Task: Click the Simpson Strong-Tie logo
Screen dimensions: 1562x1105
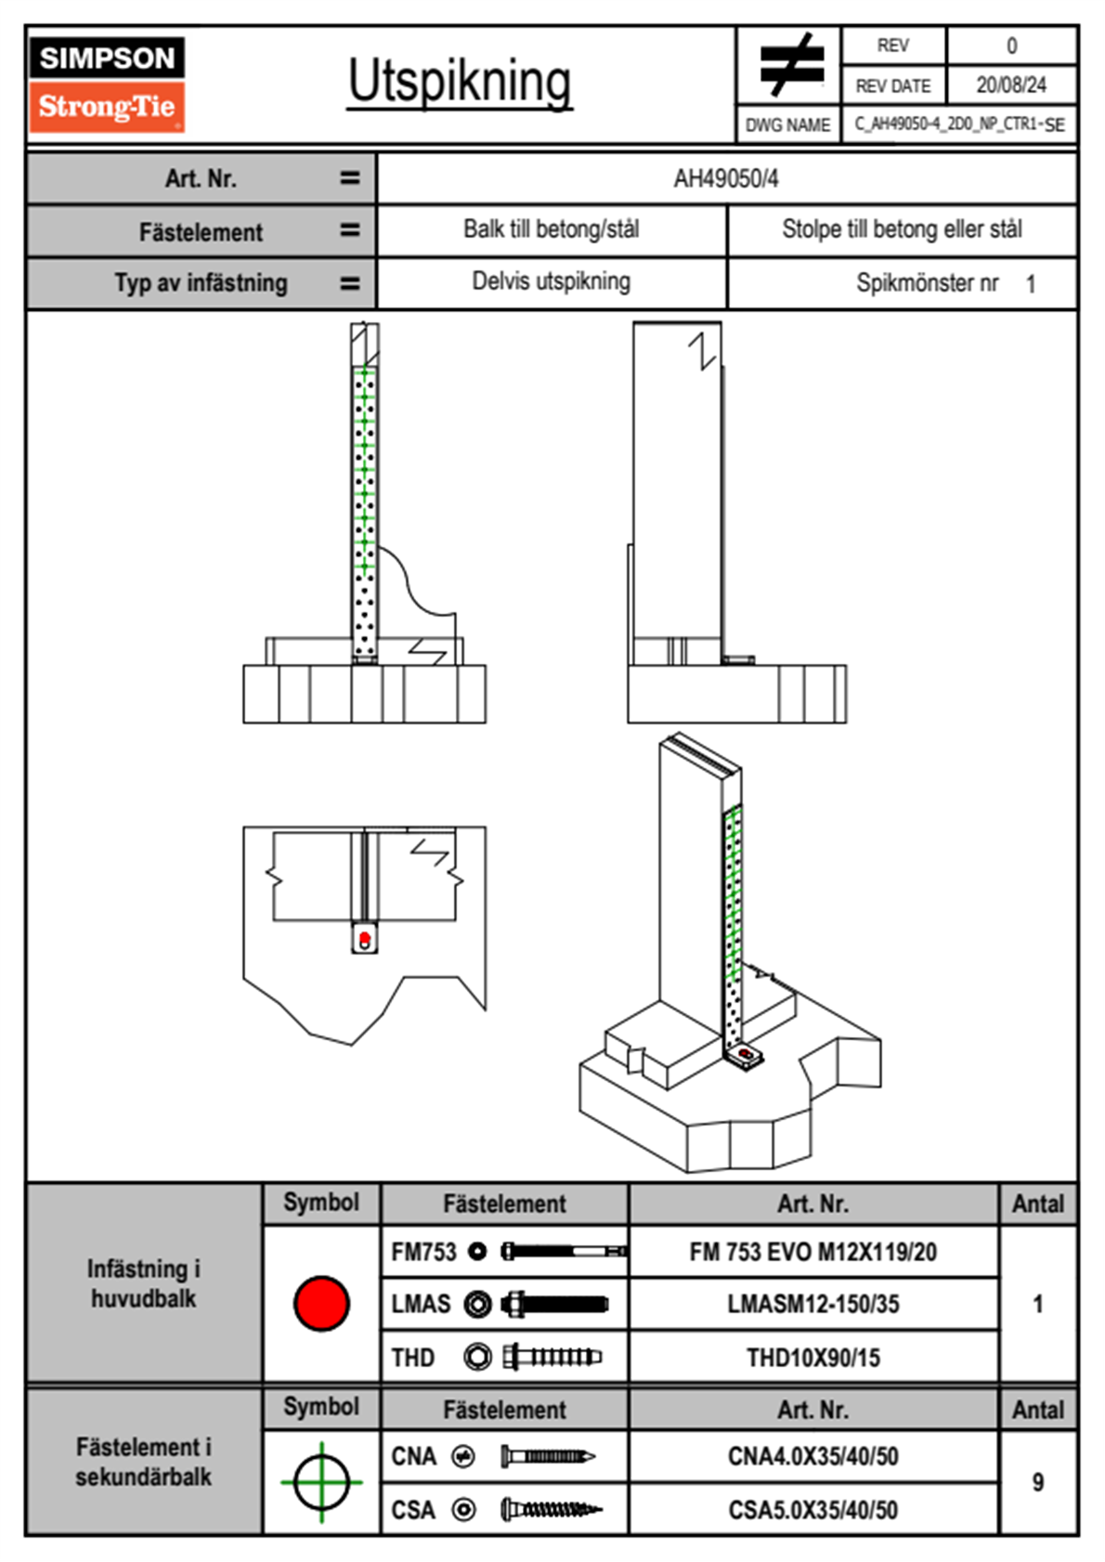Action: (x=107, y=85)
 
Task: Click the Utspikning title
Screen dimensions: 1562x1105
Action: (x=460, y=82)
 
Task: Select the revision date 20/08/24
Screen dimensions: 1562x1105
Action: (x=1010, y=85)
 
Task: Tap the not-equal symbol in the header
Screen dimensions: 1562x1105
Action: (x=789, y=65)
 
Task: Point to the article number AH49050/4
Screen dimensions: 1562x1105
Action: (x=726, y=179)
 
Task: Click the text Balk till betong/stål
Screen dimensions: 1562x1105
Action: (x=552, y=229)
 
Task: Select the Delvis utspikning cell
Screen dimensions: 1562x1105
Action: (x=552, y=281)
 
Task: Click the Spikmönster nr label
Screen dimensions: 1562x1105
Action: (x=927, y=283)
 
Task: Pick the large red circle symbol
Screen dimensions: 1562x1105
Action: (x=321, y=1303)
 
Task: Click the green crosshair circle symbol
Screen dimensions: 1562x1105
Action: (x=321, y=1482)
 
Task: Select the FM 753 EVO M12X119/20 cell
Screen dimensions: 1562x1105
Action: (x=812, y=1252)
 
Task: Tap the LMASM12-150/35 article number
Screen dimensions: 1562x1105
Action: (x=812, y=1304)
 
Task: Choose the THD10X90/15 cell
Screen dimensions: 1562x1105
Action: (x=812, y=1358)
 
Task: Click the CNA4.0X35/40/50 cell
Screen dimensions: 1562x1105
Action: (x=812, y=1456)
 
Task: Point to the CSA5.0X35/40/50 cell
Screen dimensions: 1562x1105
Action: (x=812, y=1510)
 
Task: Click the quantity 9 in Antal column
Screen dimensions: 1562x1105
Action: (x=1037, y=1482)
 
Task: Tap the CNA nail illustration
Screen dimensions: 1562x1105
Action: (x=547, y=1456)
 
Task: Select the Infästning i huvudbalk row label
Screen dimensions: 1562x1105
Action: (x=144, y=1283)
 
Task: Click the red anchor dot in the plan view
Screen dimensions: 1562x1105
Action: (x=365, y=939)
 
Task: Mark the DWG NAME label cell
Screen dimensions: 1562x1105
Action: (x=787, y=125)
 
